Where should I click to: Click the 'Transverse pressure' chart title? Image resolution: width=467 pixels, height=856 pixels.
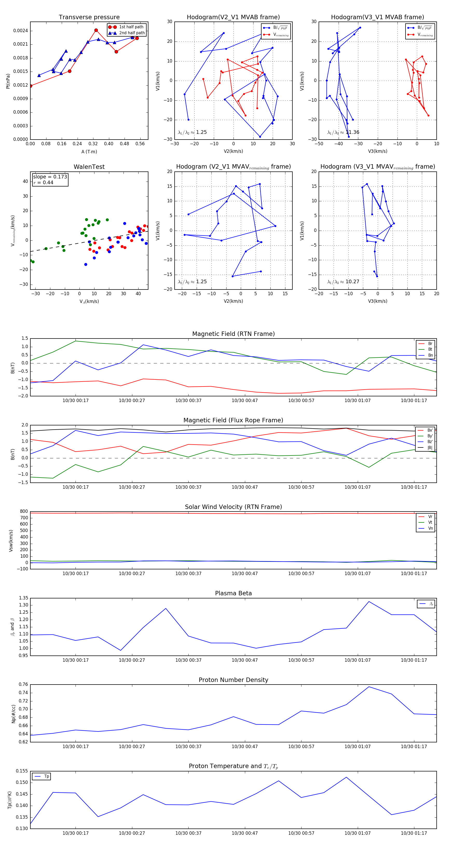point(89,17)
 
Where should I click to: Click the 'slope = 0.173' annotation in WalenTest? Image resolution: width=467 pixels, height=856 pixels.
point(50,177)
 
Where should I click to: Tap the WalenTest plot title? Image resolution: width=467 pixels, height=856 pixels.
point(89,167)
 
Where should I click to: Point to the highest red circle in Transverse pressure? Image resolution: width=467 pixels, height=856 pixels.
point(96,30)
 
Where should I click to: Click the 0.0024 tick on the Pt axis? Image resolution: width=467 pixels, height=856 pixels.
point(20,31)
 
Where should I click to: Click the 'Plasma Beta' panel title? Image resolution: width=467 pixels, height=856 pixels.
point(233,593)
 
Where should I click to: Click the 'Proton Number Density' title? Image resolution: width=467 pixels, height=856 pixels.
point(233,680)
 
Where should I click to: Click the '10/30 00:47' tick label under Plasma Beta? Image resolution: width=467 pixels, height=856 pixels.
point(245,660)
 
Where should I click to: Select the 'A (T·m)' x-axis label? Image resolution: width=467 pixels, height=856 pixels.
point(89,151)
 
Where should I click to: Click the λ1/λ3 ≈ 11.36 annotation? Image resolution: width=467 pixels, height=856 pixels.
point(343,132)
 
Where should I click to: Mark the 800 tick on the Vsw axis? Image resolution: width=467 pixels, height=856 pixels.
point(24,512)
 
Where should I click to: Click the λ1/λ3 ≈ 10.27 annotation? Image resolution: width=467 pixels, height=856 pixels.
point(343,282)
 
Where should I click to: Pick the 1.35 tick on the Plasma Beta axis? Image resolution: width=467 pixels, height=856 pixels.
point(23,598)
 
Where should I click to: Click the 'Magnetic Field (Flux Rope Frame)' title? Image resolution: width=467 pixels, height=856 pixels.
point(233,420)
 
